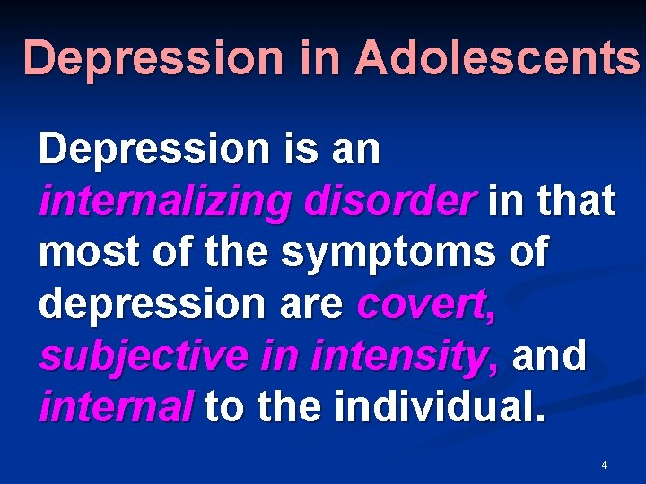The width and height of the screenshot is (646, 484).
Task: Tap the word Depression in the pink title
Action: coord(152,59)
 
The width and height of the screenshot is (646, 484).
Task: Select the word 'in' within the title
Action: coord(318,59)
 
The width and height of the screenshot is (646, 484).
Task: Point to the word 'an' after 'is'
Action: coord(357,151)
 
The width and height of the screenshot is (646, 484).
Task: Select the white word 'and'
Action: coord(549,358)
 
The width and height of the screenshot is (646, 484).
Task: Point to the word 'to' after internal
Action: coord(224,409)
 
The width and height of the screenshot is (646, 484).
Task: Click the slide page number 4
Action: coord(604,465)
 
